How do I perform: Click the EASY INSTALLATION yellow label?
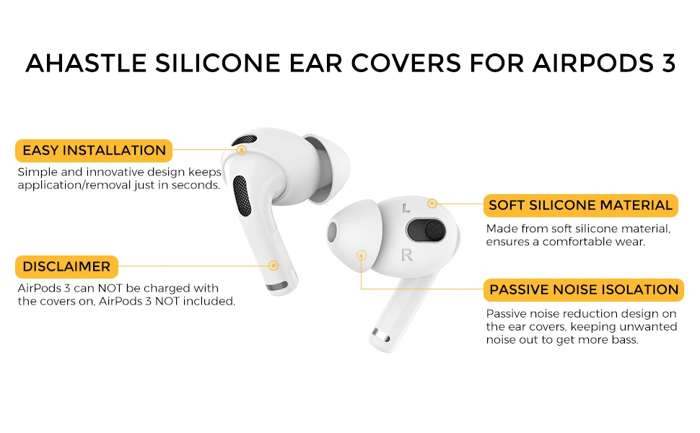click(x=94, y=150)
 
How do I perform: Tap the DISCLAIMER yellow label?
click(x=66, y=266)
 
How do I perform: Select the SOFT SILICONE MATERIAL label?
click(x=580, y=206)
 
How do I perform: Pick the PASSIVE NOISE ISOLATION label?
click(x=584, y=289)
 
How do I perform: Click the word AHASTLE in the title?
click(x=86, y=63)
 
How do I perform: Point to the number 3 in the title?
click(x=668, y=63)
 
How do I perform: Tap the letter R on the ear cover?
click(x=407, y=255)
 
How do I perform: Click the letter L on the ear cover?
click(x=406, y=208)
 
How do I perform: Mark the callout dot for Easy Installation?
click(x=242, y=150)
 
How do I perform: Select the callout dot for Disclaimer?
click(x=274, y=266)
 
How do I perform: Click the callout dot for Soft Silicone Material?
click(x=432, y=204)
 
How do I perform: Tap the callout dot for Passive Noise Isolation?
click(x=362, y=255)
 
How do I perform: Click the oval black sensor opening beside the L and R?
click(x=426, y=230)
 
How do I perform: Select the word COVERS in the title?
click(x=406, y=63)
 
